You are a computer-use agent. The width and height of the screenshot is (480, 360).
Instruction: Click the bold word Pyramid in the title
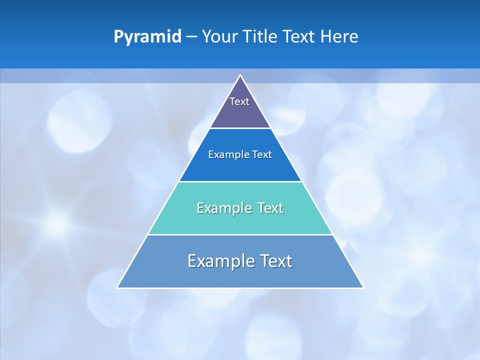pos(147,37)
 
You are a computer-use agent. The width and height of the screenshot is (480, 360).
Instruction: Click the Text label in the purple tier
pos(239,101)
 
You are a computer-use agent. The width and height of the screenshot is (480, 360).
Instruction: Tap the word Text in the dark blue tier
pos(262,155)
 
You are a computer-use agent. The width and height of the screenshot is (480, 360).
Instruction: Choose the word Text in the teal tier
pos(270,208)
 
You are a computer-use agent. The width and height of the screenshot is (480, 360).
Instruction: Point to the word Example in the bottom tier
pos(220,261)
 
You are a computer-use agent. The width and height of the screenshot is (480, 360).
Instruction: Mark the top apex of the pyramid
pos(240,75)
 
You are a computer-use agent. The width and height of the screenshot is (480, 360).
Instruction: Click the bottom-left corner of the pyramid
pos(117,287)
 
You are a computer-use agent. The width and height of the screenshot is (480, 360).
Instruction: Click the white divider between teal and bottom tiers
pos(240,234)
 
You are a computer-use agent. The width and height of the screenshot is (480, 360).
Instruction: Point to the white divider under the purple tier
pos(240,128)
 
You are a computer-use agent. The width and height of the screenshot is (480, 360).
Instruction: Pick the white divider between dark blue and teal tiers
pos(240,181)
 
